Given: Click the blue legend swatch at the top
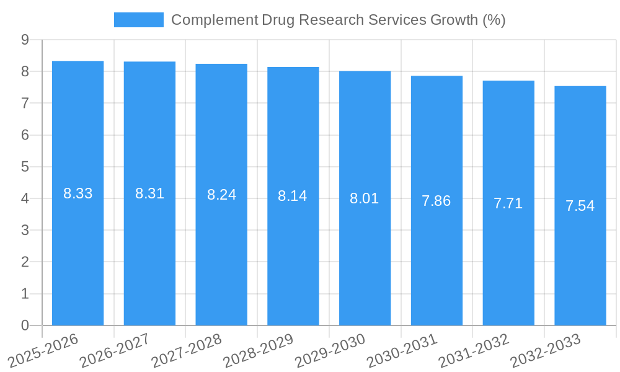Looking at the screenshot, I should (138, 20).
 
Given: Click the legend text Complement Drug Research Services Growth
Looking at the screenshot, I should (338, 20).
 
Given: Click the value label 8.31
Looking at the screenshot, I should (149, 193).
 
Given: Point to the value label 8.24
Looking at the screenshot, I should (221, 195).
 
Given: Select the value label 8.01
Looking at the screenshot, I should (365, 198).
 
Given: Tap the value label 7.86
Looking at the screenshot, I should (436, 201).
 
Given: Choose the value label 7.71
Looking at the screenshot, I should (508, 203).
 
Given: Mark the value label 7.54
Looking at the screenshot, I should (580, 206).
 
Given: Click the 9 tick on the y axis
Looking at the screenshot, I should (25, 40).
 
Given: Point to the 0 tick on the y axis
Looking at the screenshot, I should (25, 325).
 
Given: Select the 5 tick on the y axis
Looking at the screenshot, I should (25, 167).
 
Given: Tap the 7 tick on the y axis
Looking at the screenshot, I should (25, 103).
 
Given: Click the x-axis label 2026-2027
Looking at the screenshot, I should (114, 350).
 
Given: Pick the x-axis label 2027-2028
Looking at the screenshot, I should (186, 350).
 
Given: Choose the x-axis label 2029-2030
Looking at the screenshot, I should (329, 350).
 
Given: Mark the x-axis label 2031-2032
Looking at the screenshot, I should (473, 350).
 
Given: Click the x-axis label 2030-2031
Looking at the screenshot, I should (401, 350).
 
